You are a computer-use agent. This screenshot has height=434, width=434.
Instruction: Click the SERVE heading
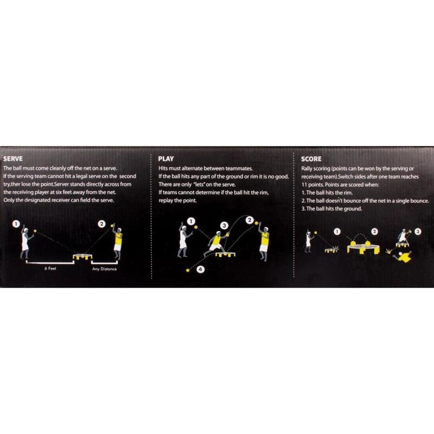click(x=13, y=158)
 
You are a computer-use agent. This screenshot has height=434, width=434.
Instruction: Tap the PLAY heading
click(x=166, y=159)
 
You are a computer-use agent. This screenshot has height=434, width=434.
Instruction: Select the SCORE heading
click(x=311, y=159)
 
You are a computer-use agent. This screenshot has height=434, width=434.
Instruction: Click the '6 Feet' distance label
click(x=50, y=268)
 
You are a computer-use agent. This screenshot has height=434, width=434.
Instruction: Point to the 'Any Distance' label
click(x=104, y=269)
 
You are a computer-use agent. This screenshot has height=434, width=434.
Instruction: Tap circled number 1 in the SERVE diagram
click(x=16, y=224)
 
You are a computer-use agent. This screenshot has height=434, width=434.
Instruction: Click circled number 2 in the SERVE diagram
click(x=102, y=224)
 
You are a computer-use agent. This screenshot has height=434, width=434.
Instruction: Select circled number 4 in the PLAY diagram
click(x=200, y=269)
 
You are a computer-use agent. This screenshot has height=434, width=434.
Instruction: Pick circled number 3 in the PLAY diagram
click(x=225, y=226)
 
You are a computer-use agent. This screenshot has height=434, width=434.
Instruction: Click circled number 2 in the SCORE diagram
click(x=374, y=232)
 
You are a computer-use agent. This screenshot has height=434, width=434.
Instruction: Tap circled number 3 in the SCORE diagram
click(x=418, y=232)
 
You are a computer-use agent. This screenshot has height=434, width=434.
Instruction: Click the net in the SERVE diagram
click(x=82, y=257)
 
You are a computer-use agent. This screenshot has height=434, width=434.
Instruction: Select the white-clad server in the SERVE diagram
click(x=26, y=241)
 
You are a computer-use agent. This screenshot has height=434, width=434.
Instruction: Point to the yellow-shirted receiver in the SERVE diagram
click(x=117, y=242)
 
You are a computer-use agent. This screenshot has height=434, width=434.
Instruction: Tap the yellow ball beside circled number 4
click(x=188, y=270)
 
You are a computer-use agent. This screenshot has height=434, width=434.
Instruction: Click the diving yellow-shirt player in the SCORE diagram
click(x=402, y=257)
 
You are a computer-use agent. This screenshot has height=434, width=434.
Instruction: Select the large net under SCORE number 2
click(x=363, y=248)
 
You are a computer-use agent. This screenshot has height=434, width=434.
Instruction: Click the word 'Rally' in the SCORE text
click(x=307, y=169)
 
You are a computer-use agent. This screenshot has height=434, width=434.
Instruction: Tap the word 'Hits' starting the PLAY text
click(x=163, y=168)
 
